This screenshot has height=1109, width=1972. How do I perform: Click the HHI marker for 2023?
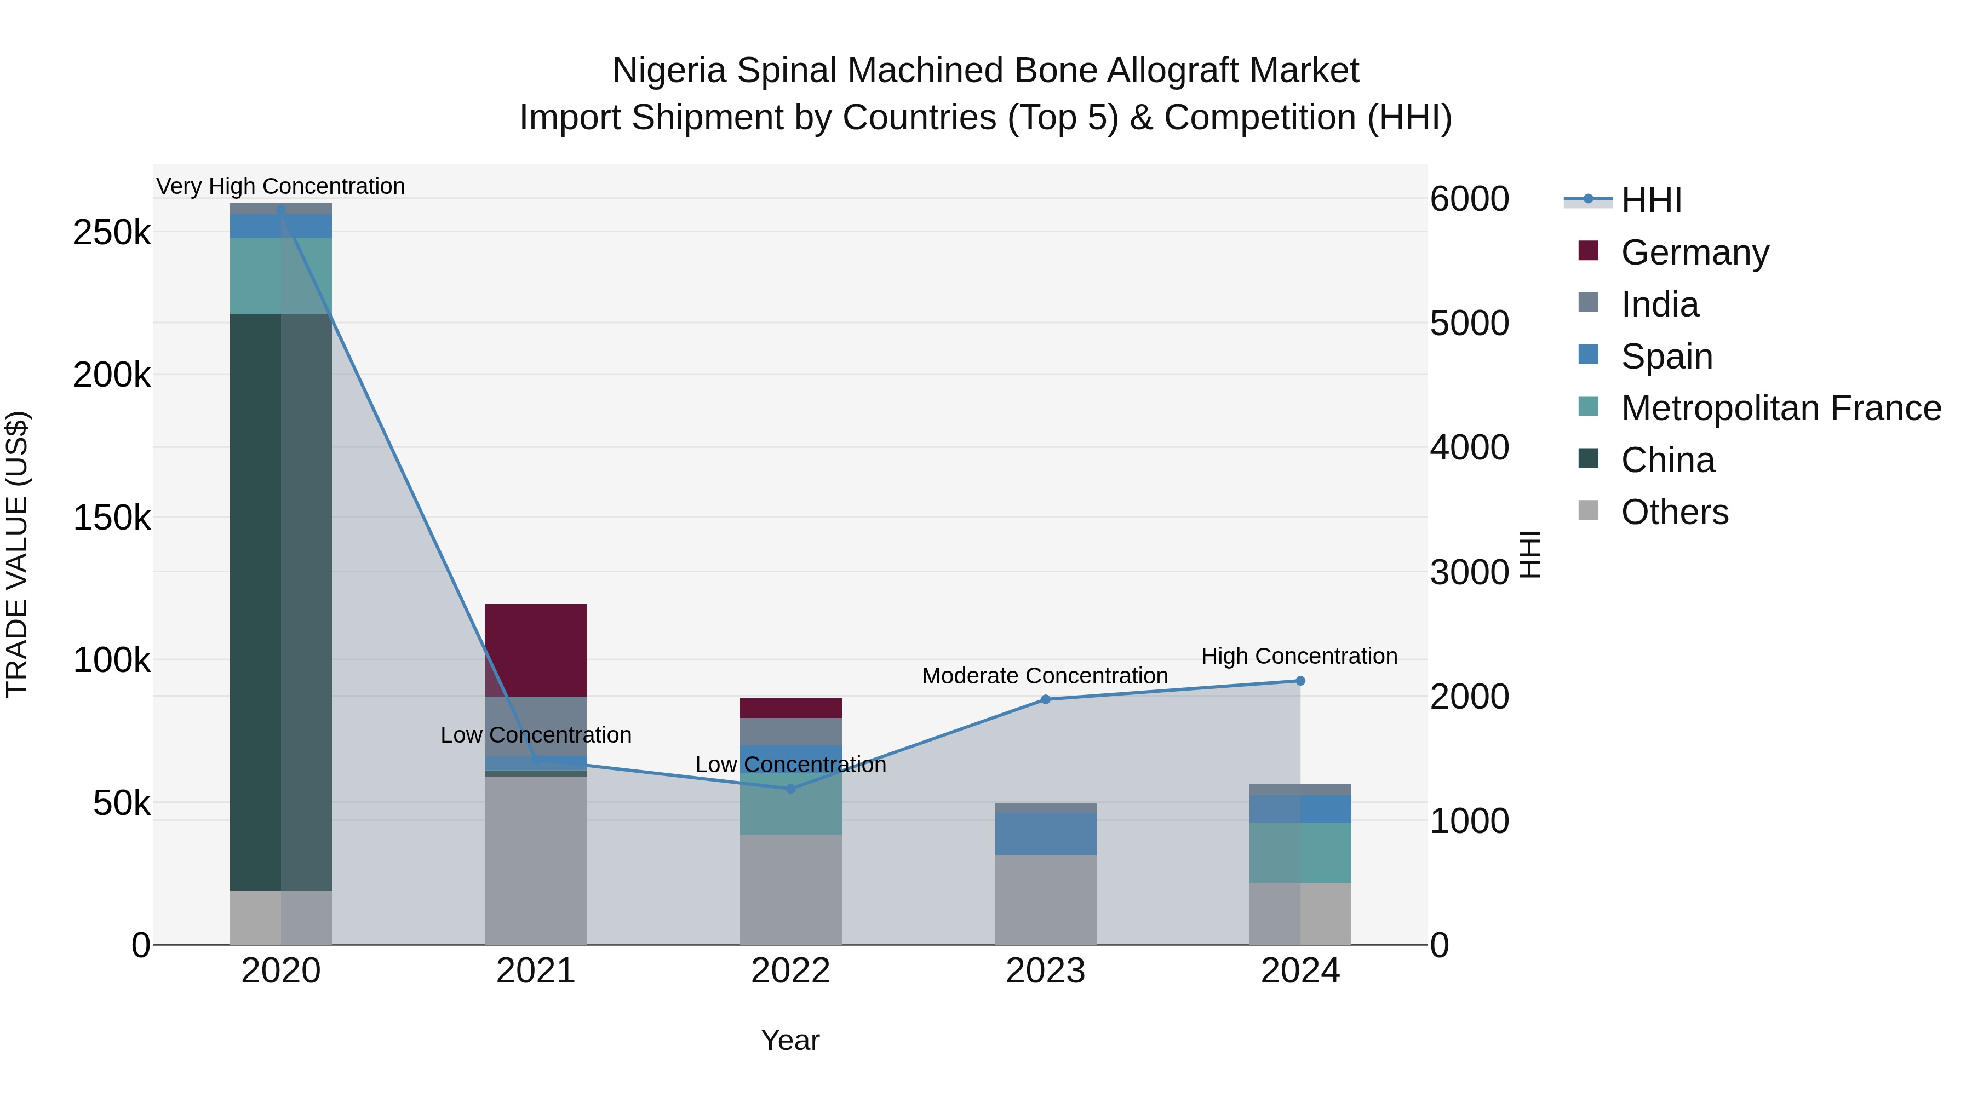click(x=1045, y=699)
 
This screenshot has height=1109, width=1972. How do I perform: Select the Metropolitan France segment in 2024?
click(x=1300, y=853)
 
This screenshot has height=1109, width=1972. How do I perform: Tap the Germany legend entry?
click(x=1694, y=252)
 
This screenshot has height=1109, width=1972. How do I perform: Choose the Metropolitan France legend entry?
click(x=1781, y=408)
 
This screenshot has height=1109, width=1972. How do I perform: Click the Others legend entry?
click(x=1674, y=512)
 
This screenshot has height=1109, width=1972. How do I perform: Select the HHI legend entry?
click(x=1651, y=200)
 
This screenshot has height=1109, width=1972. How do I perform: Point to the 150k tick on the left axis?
click(x=112, y=518)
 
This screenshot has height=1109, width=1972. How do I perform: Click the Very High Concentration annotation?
click(x=280, y=186)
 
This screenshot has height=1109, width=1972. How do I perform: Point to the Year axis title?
click(x=790, y=1040)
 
